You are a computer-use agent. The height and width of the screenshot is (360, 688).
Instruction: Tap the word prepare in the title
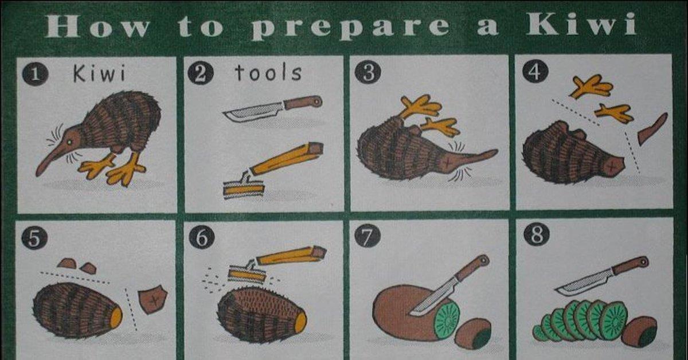click(351, 28)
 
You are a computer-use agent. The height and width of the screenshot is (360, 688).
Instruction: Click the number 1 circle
click(35, 74)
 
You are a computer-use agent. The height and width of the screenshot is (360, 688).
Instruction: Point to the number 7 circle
click(368, 237)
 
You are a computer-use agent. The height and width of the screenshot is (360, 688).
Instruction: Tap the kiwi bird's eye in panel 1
click(69, 142)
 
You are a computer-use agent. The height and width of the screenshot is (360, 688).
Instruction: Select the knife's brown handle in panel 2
click(303, 102)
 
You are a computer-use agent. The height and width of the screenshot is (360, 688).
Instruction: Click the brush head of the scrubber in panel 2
click(244, 190)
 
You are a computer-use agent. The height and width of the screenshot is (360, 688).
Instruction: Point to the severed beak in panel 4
click(652, 129)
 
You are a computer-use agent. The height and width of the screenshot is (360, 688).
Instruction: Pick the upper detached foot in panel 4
click(591, 87)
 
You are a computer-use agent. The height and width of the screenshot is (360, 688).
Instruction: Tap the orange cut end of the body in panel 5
click(116, 318)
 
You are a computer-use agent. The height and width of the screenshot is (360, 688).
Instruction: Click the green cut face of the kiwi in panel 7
click(447, 319)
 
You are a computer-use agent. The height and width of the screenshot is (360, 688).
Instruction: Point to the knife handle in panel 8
click(630, 265)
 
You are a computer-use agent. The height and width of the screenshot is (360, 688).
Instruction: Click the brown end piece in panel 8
click(639, 332)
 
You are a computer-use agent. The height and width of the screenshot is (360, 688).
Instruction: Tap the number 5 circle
click(34, 238)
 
